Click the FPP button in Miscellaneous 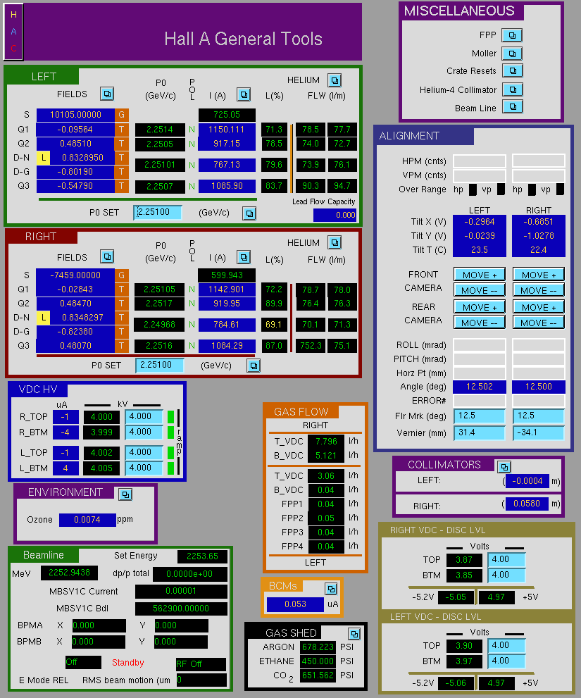click(512, 35)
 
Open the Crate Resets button click(513, 70)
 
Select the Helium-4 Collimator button click(513, 89)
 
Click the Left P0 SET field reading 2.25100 click(158, 212)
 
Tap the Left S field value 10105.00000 click(75, 115)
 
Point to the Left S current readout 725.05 click(227, 115)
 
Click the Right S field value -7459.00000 click(75, 275)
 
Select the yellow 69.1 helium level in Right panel click(274, 325)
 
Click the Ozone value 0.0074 click(87, 520)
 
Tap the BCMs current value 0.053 click(295, 604)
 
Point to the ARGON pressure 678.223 click(318, 647)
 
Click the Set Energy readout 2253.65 click(202, 556)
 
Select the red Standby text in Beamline click(127, 663)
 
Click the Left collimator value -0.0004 click(527, 481)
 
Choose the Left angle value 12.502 click(480, 387)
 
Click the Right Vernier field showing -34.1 click(538, 432)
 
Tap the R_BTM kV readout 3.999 click(101, 432)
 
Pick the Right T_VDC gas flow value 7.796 click(326, 442)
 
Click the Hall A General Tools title click(243, 39)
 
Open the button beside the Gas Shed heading click(354, 634)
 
